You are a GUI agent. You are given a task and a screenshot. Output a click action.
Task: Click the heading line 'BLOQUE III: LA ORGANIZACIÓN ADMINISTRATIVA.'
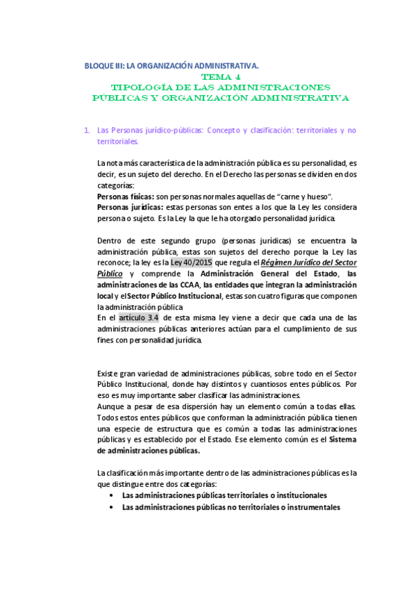tap(171, 66)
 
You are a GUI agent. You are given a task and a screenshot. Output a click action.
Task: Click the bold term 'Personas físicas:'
tap(126, 197)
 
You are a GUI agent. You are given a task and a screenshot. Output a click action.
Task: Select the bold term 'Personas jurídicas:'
tap(130, 208)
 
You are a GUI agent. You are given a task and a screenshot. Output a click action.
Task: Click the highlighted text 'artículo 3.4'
tap(140, 317)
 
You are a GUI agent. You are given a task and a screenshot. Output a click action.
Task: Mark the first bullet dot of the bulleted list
tap(112, 496)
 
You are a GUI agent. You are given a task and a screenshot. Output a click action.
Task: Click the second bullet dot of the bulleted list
tap(112, 507)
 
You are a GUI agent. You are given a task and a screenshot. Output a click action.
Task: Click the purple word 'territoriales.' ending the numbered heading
tap(118, 141)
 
